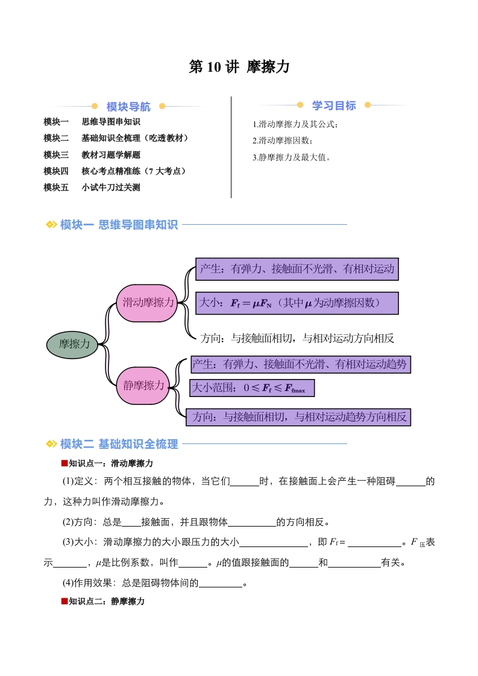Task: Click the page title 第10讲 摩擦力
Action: point(239,67)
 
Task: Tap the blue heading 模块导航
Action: point(128,107)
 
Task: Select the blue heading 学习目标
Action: point(334,105)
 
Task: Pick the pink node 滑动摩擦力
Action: point(146,302)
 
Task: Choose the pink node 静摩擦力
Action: point(143,386)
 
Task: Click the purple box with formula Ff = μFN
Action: point(297,303)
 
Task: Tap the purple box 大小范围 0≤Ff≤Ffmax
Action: point(252,387)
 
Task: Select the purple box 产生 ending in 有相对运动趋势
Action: point(300,365)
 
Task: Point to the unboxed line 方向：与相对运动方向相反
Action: point(297,339)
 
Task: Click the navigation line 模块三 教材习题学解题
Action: point(92,155)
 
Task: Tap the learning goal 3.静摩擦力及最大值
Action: point(292,157)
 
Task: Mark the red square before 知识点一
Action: point(64,463)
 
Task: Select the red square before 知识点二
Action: point(64,601)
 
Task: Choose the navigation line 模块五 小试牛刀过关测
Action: point(92,187)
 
